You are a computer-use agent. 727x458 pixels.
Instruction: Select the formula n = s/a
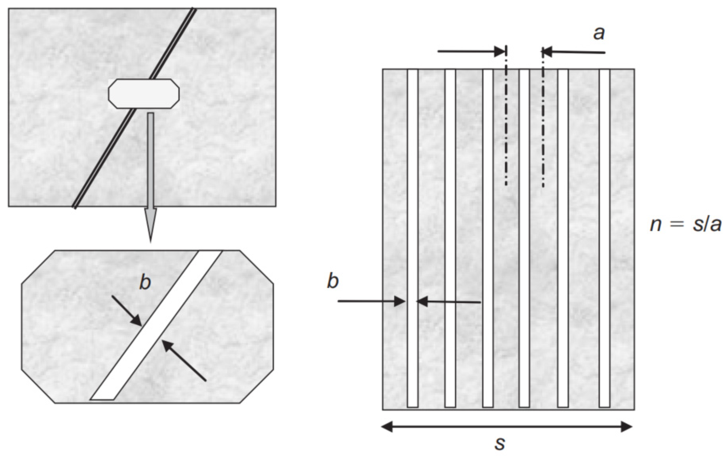(685, 225)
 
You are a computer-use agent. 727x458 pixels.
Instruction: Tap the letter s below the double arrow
(500, 444)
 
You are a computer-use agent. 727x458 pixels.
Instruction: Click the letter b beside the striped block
(333, 281)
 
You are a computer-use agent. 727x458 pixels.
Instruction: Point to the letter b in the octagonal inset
(145, 283)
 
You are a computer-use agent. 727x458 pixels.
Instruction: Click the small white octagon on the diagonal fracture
(144, 94)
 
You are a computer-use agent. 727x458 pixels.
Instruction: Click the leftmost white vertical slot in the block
(413, 238)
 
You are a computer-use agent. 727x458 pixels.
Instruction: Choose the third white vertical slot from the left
(488, 238)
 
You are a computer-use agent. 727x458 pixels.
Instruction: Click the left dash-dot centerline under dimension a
(506, 121)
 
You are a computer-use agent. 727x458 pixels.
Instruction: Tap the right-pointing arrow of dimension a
(471, 51)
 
